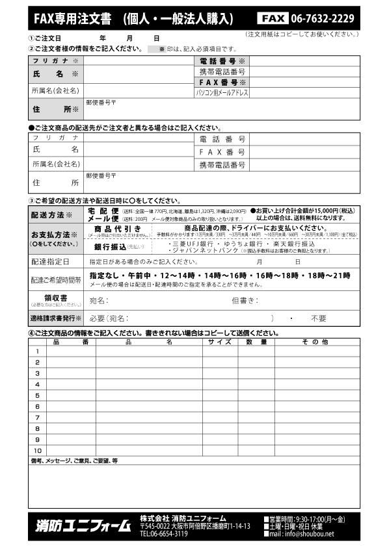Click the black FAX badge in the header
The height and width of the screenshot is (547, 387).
[x=272, y=18]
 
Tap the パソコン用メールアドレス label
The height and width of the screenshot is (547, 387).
[x=222, y=93]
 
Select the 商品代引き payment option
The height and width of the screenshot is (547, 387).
[x=118, y=229]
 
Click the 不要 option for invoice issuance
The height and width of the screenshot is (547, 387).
[x=318, y=318]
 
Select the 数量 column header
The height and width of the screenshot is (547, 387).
[x=256, y=341]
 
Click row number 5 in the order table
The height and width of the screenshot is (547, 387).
[x=37, y=396]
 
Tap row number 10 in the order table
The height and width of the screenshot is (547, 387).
[x=37, y=450]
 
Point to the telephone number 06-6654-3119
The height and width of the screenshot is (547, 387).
[x=164, y=534]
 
